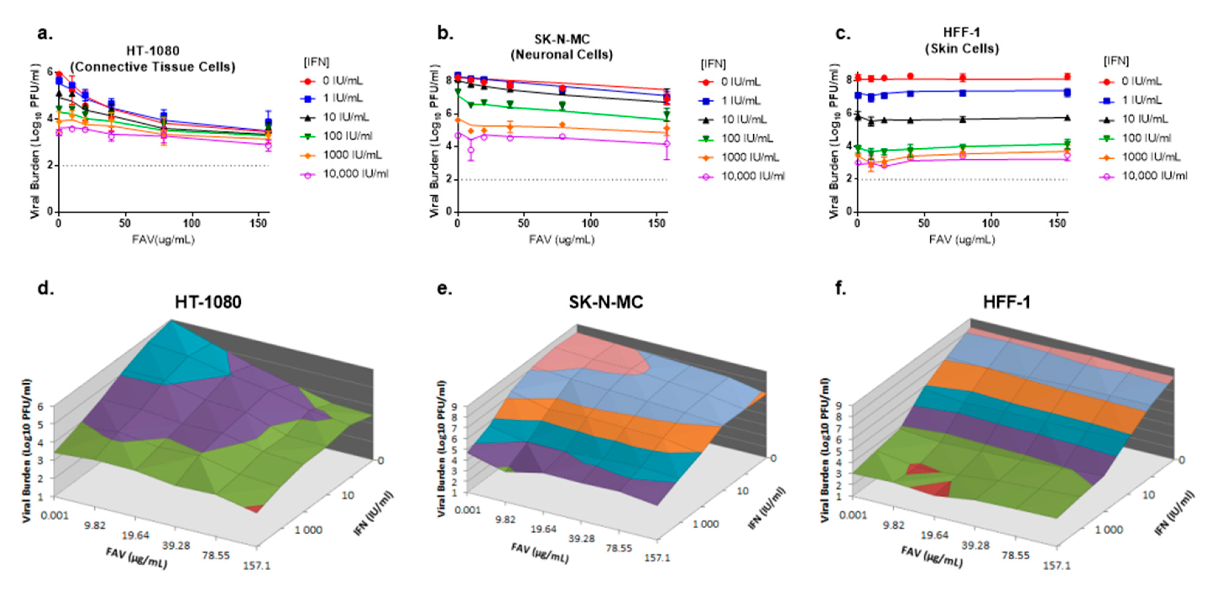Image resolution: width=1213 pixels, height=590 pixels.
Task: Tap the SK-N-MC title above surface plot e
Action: point(606,302)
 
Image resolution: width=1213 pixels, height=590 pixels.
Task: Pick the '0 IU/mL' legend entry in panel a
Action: point(342,81)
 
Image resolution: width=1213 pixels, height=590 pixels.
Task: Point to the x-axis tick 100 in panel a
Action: point(191,223)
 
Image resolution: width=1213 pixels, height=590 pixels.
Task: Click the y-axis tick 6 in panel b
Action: point(449,113)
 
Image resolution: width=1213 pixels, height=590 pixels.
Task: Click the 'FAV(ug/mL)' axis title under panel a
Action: point(163,240)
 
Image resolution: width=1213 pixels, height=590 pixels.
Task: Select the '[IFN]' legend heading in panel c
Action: point(1116,61)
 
